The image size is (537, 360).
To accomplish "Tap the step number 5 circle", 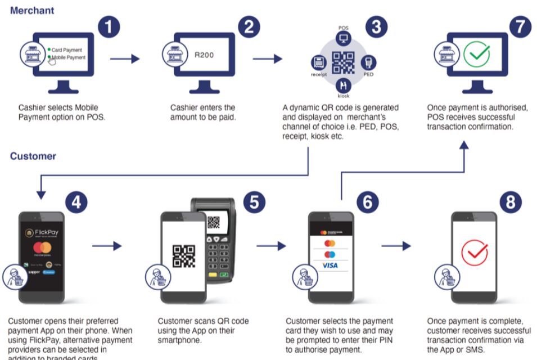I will click(254, 202).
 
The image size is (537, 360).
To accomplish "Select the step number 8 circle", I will click(510, 202).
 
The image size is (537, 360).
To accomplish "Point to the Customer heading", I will click(33, 156).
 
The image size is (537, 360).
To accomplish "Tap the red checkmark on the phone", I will click(474, 253).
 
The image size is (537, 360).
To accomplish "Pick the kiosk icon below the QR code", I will click(343, 85).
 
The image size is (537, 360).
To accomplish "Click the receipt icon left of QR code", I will click(319, 62).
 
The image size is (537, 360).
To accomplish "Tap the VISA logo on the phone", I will click(330, 265).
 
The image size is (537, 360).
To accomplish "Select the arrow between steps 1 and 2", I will click(125, 58).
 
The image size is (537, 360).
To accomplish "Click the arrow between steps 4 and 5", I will click(107, 246).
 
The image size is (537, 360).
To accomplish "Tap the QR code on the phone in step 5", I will click(183, 255).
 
